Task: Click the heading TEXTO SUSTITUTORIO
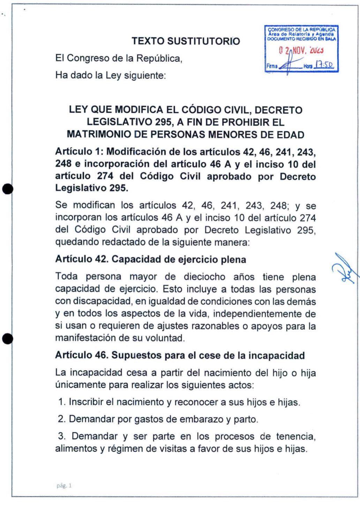[x=186, y=41]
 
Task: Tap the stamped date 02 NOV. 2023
[x=302, y=51]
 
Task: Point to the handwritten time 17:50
[x=324, y=65]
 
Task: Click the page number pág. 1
[x=64, y=485]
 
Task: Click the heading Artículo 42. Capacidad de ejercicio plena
[x=150, y=260]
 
